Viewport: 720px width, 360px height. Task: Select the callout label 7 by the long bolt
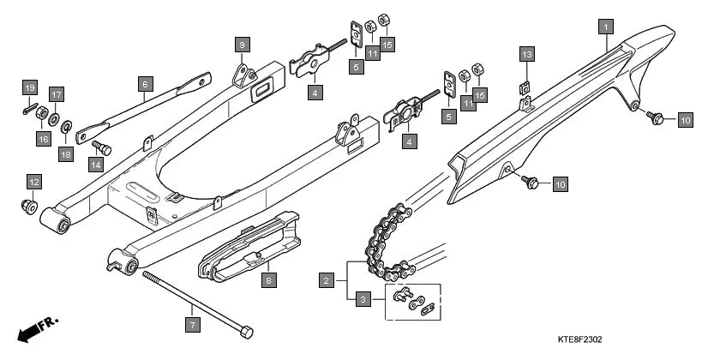[x=192, y=325]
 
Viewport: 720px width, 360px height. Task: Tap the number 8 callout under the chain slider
[x=267, y=280]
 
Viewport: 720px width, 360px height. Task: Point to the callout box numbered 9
[x=242, y=44]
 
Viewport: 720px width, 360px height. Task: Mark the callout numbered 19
[x=29, y=88]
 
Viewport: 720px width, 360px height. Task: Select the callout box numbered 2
[x=326, y=279]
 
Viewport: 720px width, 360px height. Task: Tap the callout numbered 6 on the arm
[x=145, y=83]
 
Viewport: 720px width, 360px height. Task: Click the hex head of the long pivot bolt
[x=247, y=331]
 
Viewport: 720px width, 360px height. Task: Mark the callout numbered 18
[x=65, y=154]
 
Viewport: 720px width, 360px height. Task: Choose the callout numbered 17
[x=56, y=94]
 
